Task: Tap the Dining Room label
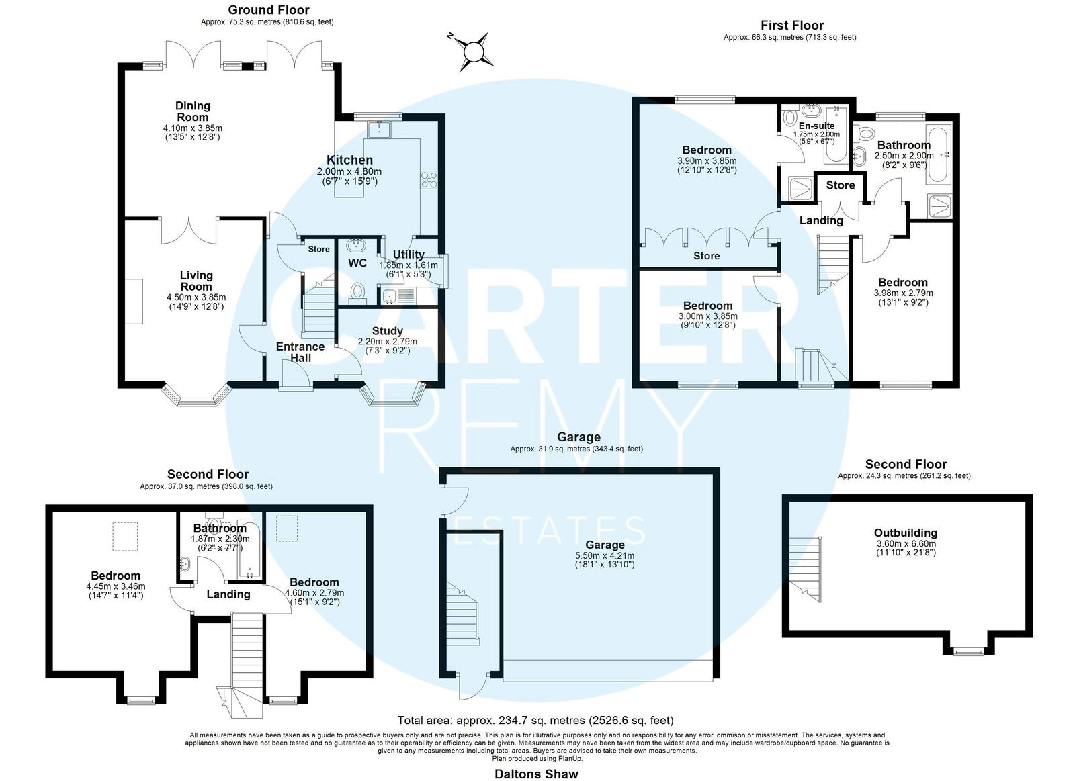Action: tap(192, 111)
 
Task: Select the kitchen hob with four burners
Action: tap(429, 180)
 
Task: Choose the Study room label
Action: tap(387, 331)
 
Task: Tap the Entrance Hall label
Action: tap(300, 352)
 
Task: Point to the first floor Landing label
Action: tap(821, 220)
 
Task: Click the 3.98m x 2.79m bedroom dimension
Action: tap(903, 293)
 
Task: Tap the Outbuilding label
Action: tap(906, 533)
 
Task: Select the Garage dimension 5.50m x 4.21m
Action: tap(605, 555)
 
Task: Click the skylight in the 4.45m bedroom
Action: tap(125, 537)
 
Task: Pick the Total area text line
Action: tap(535, 720)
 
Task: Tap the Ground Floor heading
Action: tap(269, 9)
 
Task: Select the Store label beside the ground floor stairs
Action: tap(318, 249)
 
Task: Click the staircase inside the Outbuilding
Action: tap(805, 569)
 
